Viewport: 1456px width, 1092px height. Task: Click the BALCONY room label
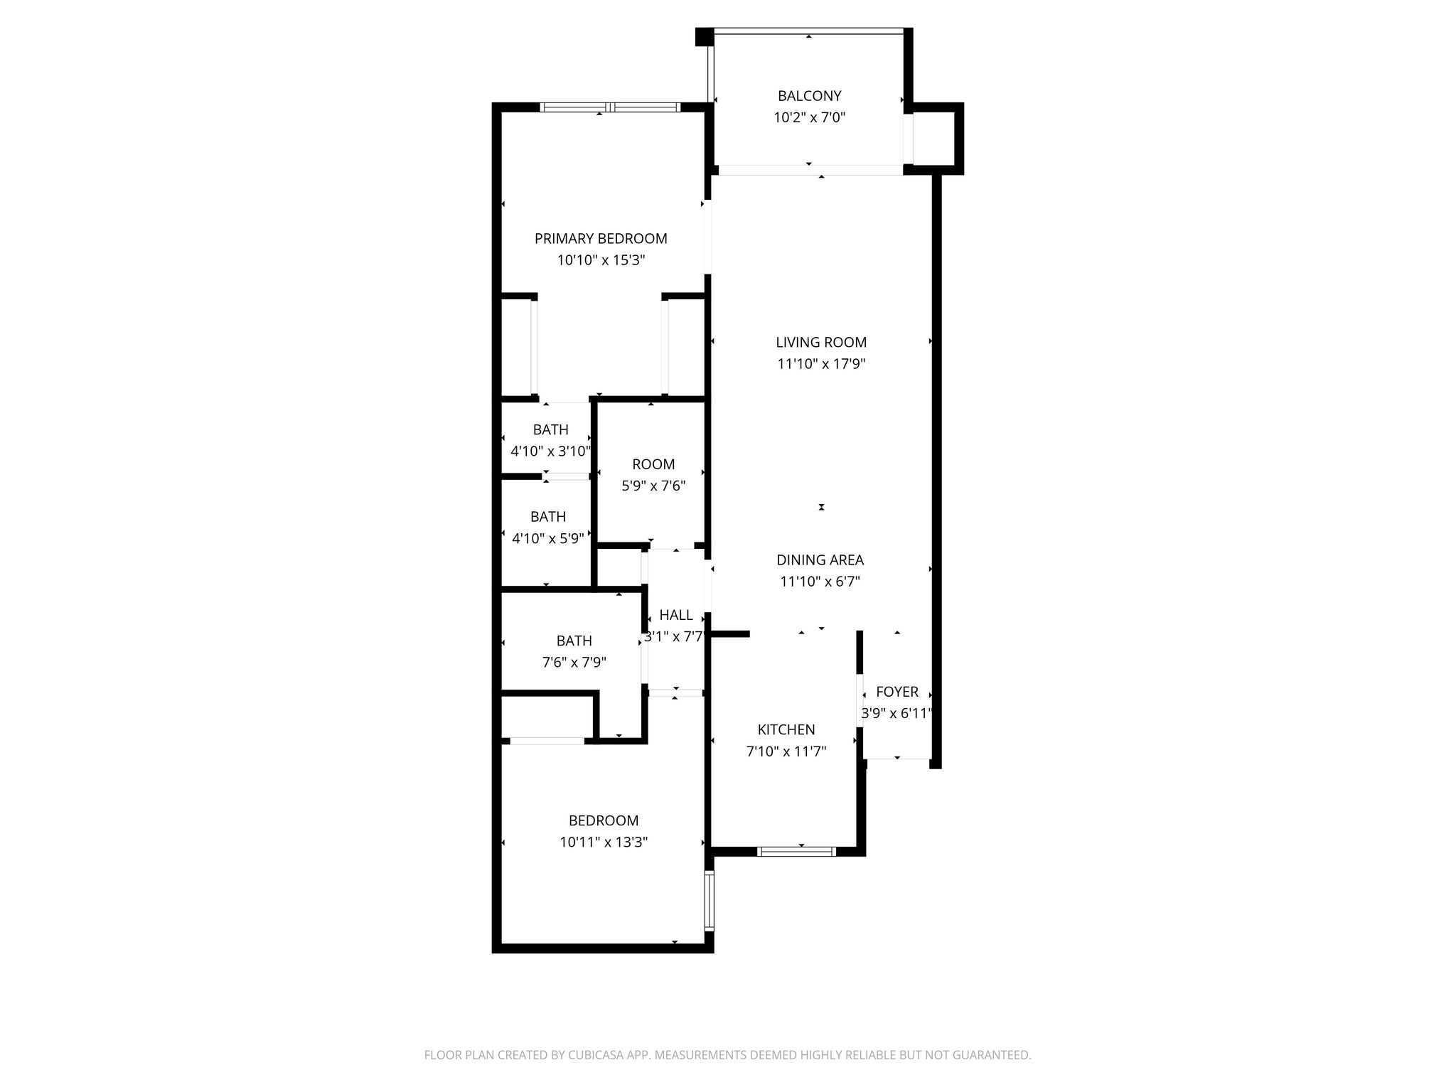(809, 96)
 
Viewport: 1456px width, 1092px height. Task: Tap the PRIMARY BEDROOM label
(601, 239)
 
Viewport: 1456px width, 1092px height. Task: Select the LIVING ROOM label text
(821, 343)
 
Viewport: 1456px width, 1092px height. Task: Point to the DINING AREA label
(820, 560)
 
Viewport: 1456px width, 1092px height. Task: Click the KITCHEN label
(786, 729)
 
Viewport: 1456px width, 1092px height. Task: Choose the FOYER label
(897, 692)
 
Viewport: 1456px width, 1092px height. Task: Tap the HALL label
(675, 615)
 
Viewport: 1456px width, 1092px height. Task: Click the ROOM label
(653, 464)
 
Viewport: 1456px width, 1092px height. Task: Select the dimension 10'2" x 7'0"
(809, 117)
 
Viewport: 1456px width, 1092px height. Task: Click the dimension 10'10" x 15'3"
(601, 260)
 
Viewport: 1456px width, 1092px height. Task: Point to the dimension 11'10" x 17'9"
(821, 364)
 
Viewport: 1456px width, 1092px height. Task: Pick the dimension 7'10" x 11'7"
(786, 751)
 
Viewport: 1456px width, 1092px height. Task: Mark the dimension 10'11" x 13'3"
(604, 842)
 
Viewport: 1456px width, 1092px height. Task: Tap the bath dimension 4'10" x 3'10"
(551, 451)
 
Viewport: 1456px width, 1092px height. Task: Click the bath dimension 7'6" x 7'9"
(574, 663)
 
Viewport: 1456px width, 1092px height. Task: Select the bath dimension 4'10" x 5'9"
(548, 539)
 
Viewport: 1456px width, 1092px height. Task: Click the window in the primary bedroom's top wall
(610, 107)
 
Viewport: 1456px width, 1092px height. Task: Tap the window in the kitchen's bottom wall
(797, 851)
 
